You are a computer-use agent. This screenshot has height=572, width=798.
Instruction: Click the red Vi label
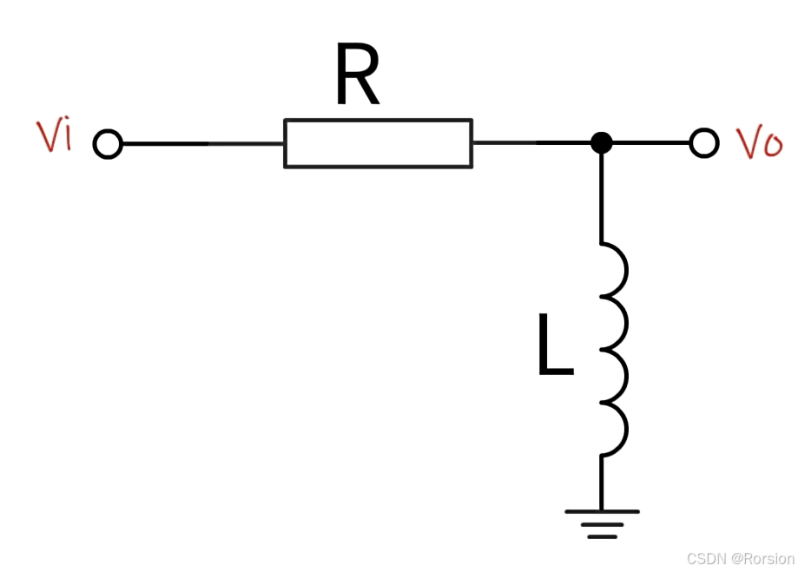55,136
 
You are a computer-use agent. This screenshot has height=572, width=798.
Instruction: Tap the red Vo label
759,142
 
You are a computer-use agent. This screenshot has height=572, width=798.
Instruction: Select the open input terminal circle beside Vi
108,143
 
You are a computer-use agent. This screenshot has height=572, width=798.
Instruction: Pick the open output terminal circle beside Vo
704,142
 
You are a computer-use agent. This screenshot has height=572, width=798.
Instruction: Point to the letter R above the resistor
358,75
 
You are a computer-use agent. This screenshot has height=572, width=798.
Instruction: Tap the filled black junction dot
602,142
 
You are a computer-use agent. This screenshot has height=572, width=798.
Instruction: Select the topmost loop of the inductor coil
626,269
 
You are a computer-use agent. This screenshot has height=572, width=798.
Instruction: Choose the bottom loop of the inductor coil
626,429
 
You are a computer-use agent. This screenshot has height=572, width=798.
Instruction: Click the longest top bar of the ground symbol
602,511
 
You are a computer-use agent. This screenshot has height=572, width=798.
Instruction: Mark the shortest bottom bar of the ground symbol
603,537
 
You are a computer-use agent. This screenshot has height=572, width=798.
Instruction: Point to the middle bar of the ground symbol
603,524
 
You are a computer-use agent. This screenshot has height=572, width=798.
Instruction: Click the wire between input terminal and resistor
203,143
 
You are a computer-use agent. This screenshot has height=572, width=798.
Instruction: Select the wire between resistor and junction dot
531,142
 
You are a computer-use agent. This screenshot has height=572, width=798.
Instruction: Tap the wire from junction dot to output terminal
651,142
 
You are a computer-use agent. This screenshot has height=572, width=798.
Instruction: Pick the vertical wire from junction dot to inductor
602,198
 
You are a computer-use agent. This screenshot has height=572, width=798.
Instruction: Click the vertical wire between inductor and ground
602,483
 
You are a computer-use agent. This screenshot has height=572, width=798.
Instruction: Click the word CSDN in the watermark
707,558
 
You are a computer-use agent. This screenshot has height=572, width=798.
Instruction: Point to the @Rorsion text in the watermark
762,558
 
